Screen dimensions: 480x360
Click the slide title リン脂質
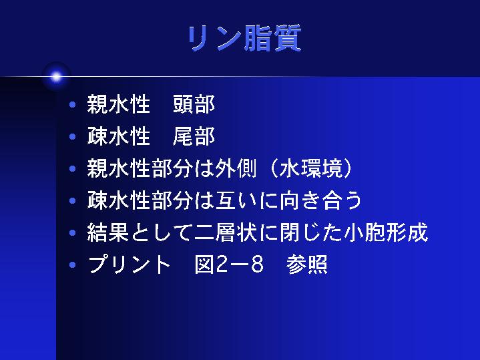click(x=245, y=38)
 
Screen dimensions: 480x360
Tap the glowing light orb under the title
click(x=56, y=77)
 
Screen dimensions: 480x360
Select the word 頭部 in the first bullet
click(x=194, y=104)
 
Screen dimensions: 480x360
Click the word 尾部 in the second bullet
click(x=194, y=136)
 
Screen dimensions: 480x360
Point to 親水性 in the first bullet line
click(x=119, y=104)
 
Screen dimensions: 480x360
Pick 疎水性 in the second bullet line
click(x=119, y=136)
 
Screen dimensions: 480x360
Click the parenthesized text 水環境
click(x=311, y=168)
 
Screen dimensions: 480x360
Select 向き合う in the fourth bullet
click(x=321, y=200)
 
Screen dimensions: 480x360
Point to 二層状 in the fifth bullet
click(x=226, y=232)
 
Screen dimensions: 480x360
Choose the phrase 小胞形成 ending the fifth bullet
click(x=386, y=232)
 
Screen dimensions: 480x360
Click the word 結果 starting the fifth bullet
click(x=107, y=232)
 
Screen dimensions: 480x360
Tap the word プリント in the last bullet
click(x=130, y=264)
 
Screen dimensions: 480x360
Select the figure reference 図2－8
click(x=229, y=264)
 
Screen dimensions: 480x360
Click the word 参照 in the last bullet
click(x=306, y=264)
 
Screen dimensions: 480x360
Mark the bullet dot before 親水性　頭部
click(x=73, y=105)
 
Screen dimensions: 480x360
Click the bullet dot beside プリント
click(x=73, y=264)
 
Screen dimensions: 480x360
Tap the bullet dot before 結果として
click(x=73, y=232)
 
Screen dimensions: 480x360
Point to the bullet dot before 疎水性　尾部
click(x=73, y=137)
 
